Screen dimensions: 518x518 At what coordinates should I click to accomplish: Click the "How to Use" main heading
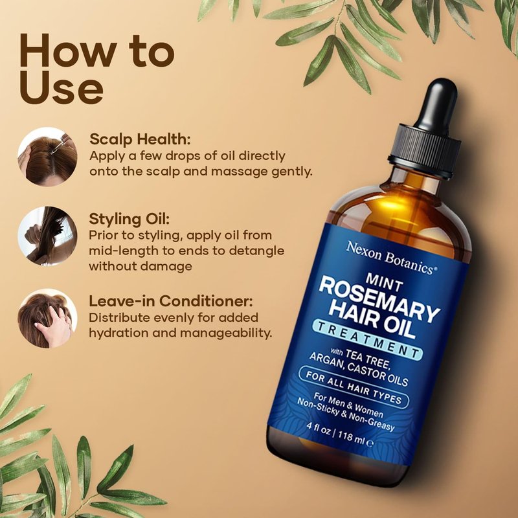tap(96, 69)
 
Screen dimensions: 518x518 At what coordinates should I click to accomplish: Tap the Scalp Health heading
tap(140, 139)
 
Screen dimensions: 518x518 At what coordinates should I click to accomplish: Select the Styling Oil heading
tap(129, 219)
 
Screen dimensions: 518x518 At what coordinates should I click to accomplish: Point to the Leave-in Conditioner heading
tap(171, 301)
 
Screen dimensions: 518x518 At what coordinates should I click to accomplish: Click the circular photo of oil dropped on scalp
tap(47, 157)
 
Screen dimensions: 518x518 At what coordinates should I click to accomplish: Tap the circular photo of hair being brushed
tap(47, 236)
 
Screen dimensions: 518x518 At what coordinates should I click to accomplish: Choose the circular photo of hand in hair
tap(47, 318)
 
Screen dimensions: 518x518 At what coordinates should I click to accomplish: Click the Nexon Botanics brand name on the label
tap(392, 257)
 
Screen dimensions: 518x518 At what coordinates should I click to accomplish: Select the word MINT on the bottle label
tap(384, 282)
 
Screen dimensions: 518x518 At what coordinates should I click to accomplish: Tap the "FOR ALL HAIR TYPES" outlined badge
tap(354, 387)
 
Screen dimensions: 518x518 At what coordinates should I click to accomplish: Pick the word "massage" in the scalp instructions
tap(240, 172)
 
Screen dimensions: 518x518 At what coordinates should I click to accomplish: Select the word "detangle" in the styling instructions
tap(256, 251)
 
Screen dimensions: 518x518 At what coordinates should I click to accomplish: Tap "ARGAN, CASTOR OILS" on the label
tap(358, 370)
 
